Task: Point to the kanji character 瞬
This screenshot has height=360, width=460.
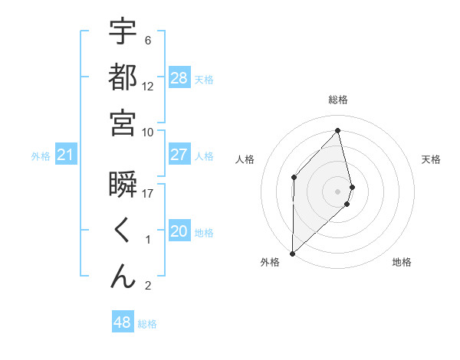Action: (x=123, y=185)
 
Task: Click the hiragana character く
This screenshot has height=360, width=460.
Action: (x=123, y=231)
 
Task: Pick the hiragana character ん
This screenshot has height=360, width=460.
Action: (x=123, y=277)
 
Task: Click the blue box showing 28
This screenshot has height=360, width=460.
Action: (x=179, y=78)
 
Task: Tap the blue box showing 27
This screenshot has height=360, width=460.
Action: (x=179, y=155)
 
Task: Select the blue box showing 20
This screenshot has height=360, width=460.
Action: (x=179, y=232)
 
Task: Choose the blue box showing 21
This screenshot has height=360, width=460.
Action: (x=66, y=155)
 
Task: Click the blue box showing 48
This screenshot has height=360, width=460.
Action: (x=123, y=322)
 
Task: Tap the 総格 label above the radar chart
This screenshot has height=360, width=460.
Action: (x=338, y=100)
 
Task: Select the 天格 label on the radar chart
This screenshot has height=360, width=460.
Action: (x=431, y=159)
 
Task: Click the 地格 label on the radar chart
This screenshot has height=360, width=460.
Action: (x=402, y=262)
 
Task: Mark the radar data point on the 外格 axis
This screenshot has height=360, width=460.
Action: (x=292, y=253)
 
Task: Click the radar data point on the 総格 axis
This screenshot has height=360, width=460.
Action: (x=338, y=130)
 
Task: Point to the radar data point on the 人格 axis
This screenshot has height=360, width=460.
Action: (x=294, y=177)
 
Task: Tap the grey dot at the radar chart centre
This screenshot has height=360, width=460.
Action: (x=338, y=191)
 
